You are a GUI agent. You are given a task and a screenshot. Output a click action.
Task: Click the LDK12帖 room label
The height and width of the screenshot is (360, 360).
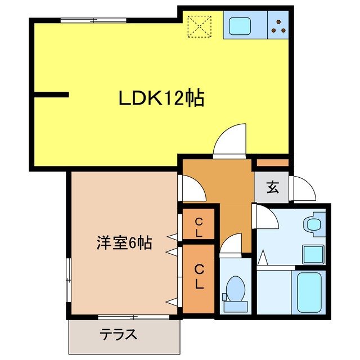(x=161, y=99)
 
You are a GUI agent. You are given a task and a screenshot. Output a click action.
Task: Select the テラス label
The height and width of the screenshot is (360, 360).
(x=119, y=334)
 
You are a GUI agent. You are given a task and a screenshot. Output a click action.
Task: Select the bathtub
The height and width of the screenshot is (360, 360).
(x=309, y=292)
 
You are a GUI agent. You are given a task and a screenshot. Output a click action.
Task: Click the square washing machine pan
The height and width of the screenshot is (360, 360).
(x=313, y=255)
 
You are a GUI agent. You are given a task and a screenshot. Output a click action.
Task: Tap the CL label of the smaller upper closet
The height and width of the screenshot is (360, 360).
(x=199, y=226)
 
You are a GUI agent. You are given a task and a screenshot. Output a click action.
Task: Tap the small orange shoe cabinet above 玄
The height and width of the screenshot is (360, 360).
(x=272, y=163)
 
